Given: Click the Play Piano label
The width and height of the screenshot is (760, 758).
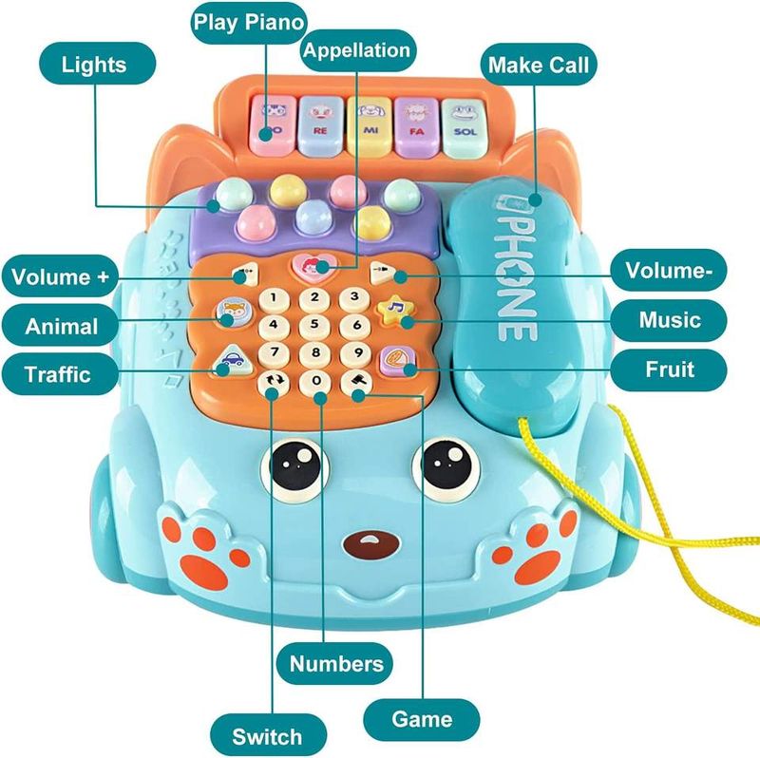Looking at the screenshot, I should click(251, 23).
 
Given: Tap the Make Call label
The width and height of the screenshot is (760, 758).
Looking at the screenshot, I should click(539, 66).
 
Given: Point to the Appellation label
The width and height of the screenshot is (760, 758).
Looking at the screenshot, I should click(356, 50).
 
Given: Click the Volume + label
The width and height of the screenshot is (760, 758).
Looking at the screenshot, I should click(60, 279).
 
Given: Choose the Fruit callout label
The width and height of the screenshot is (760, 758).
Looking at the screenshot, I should click(668, 369).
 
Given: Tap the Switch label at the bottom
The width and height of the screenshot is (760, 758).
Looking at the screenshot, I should click(267, 734).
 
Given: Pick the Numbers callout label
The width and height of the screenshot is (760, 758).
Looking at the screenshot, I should click(336, 662).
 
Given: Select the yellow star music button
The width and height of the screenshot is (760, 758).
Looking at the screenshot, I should click(391, 310).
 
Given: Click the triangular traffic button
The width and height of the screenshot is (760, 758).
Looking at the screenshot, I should click(231, 360).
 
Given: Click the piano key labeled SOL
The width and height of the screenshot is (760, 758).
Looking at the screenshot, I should click(465, 127).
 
